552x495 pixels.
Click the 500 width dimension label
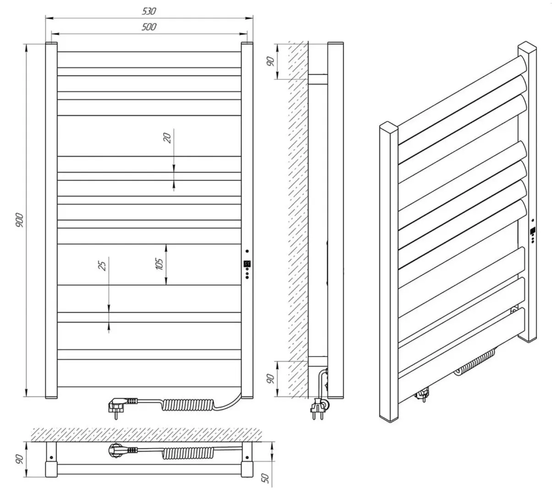(x=149, y=27)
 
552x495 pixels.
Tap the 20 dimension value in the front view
(x=168, y=137)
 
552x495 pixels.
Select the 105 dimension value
(x=159, y=264)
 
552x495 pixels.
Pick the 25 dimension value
(x=103, y=265)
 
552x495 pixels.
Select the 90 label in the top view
(x=19, y=458)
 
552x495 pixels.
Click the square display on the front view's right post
(x=247, y=264)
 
